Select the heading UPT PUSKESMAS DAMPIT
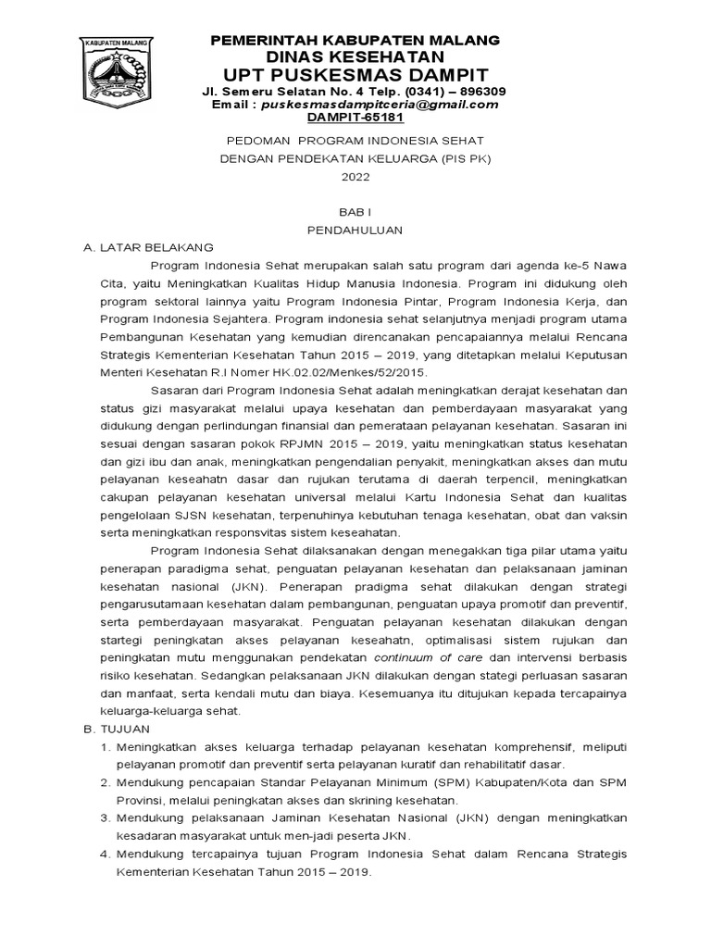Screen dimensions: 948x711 click(x=355, y=74)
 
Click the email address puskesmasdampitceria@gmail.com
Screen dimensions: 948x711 click(x=379, y=105)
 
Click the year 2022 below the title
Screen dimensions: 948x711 click(x=355, y=176)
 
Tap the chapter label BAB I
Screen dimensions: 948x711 click(x=355, y=212)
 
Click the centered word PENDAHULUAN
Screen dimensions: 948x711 click(x=355, y=230)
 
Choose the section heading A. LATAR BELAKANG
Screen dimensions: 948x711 click(x=148, y=247)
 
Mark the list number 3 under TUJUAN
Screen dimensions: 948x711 click(x=104, y=818)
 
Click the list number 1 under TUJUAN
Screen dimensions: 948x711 click(x=104, y=747)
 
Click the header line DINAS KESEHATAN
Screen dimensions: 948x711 click(x=355, y=56)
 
